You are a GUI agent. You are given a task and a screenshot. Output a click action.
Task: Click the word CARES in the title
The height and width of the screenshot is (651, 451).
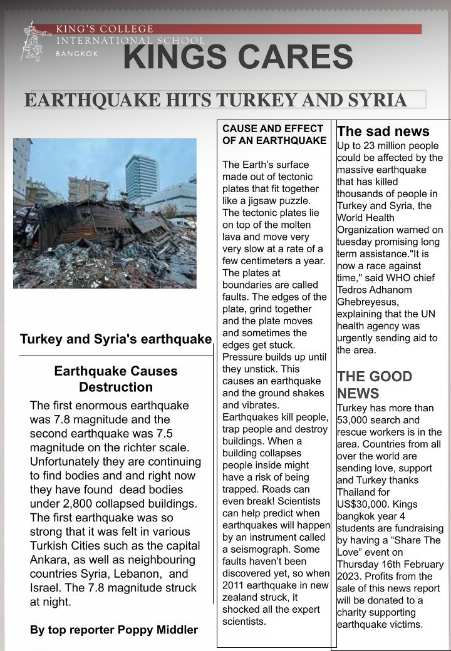click(x=293, y=58)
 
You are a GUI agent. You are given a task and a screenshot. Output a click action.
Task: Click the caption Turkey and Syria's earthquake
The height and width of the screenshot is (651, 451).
click(x=116, y=339)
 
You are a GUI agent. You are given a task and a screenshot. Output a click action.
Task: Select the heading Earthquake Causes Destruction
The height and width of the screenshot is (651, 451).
click(x=116, y=379)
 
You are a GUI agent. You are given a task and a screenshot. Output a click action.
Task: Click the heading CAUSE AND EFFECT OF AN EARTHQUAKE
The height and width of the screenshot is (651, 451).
click(x=274, y=135)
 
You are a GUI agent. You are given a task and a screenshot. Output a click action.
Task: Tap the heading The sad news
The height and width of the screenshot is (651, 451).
click(x=383, y=131)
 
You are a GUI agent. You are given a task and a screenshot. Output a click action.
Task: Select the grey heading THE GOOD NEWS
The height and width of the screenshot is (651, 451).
click(x=375, y=384)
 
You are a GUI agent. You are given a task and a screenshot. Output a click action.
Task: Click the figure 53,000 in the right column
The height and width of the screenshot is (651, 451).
click(x=356, y=420)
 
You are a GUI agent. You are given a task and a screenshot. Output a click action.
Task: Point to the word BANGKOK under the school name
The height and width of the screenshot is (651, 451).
click(x=78, y=54)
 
